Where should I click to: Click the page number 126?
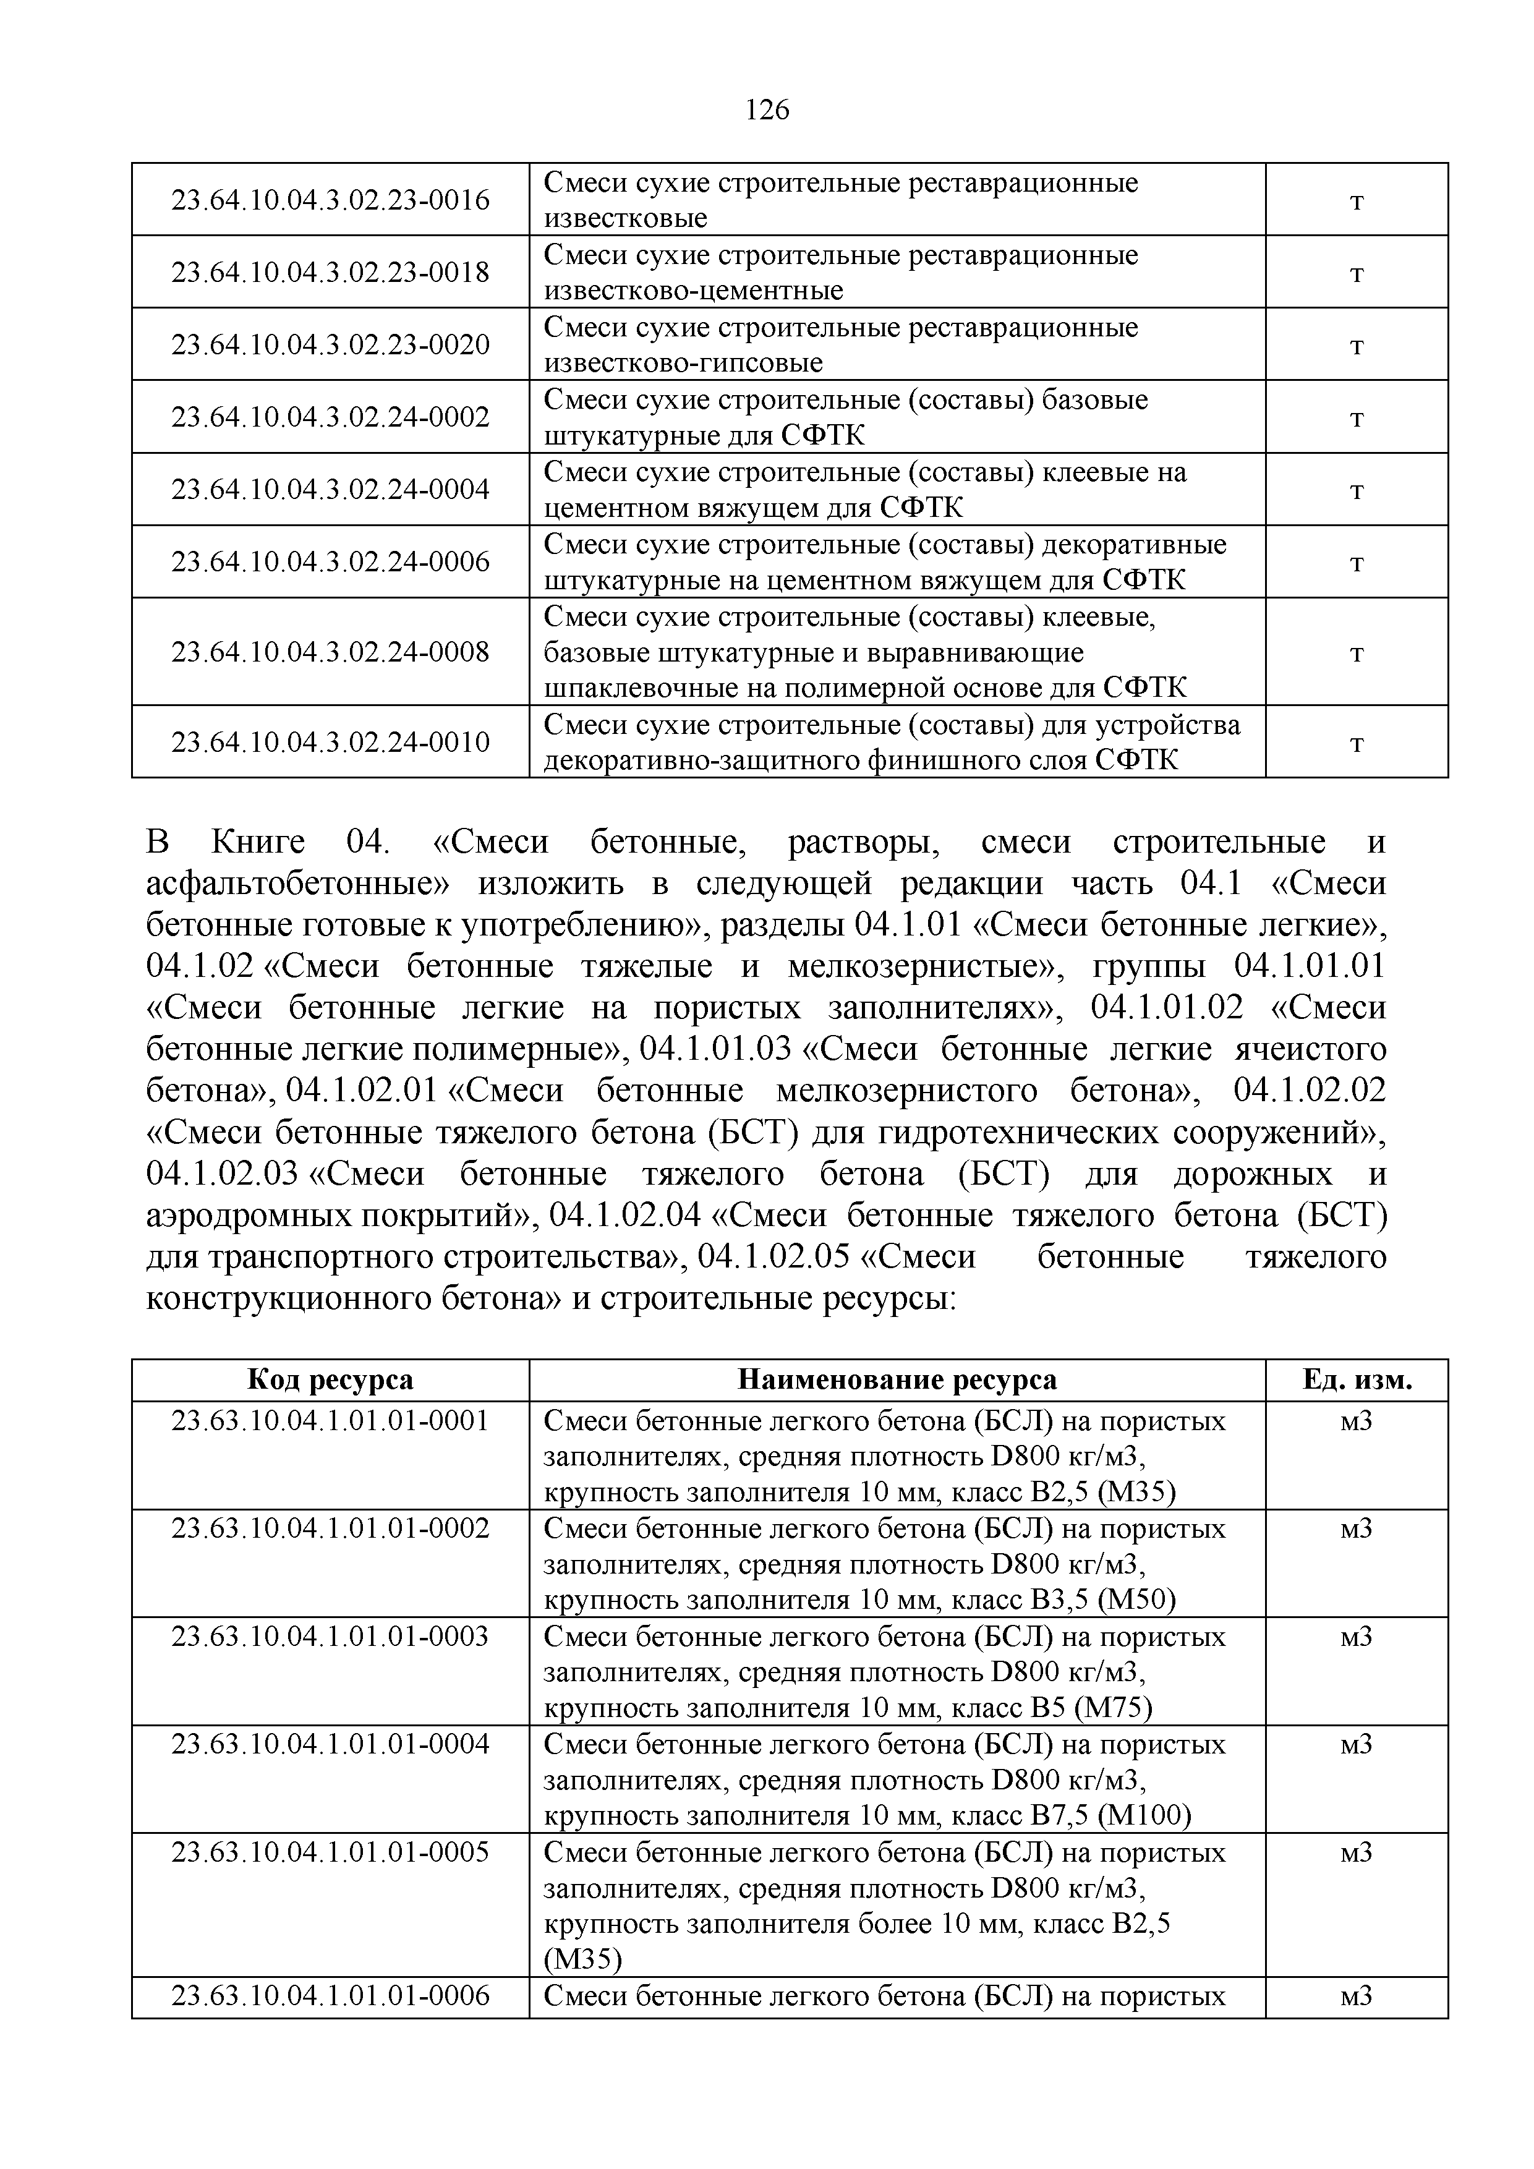tap(766, 111)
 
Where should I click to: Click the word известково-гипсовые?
tap(683, 363)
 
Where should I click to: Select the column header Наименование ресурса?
tap(897, 1380)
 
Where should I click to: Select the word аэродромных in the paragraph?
tap(251, 1215)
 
